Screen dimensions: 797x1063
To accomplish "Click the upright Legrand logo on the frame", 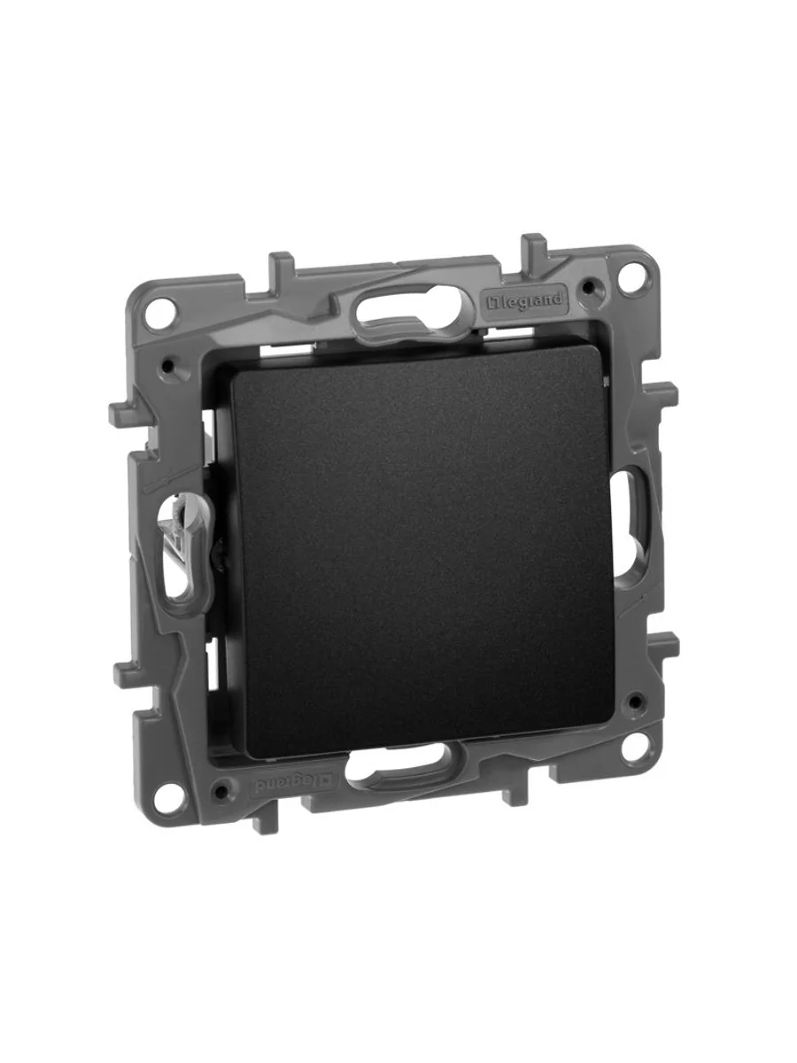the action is tap(526, 300).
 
